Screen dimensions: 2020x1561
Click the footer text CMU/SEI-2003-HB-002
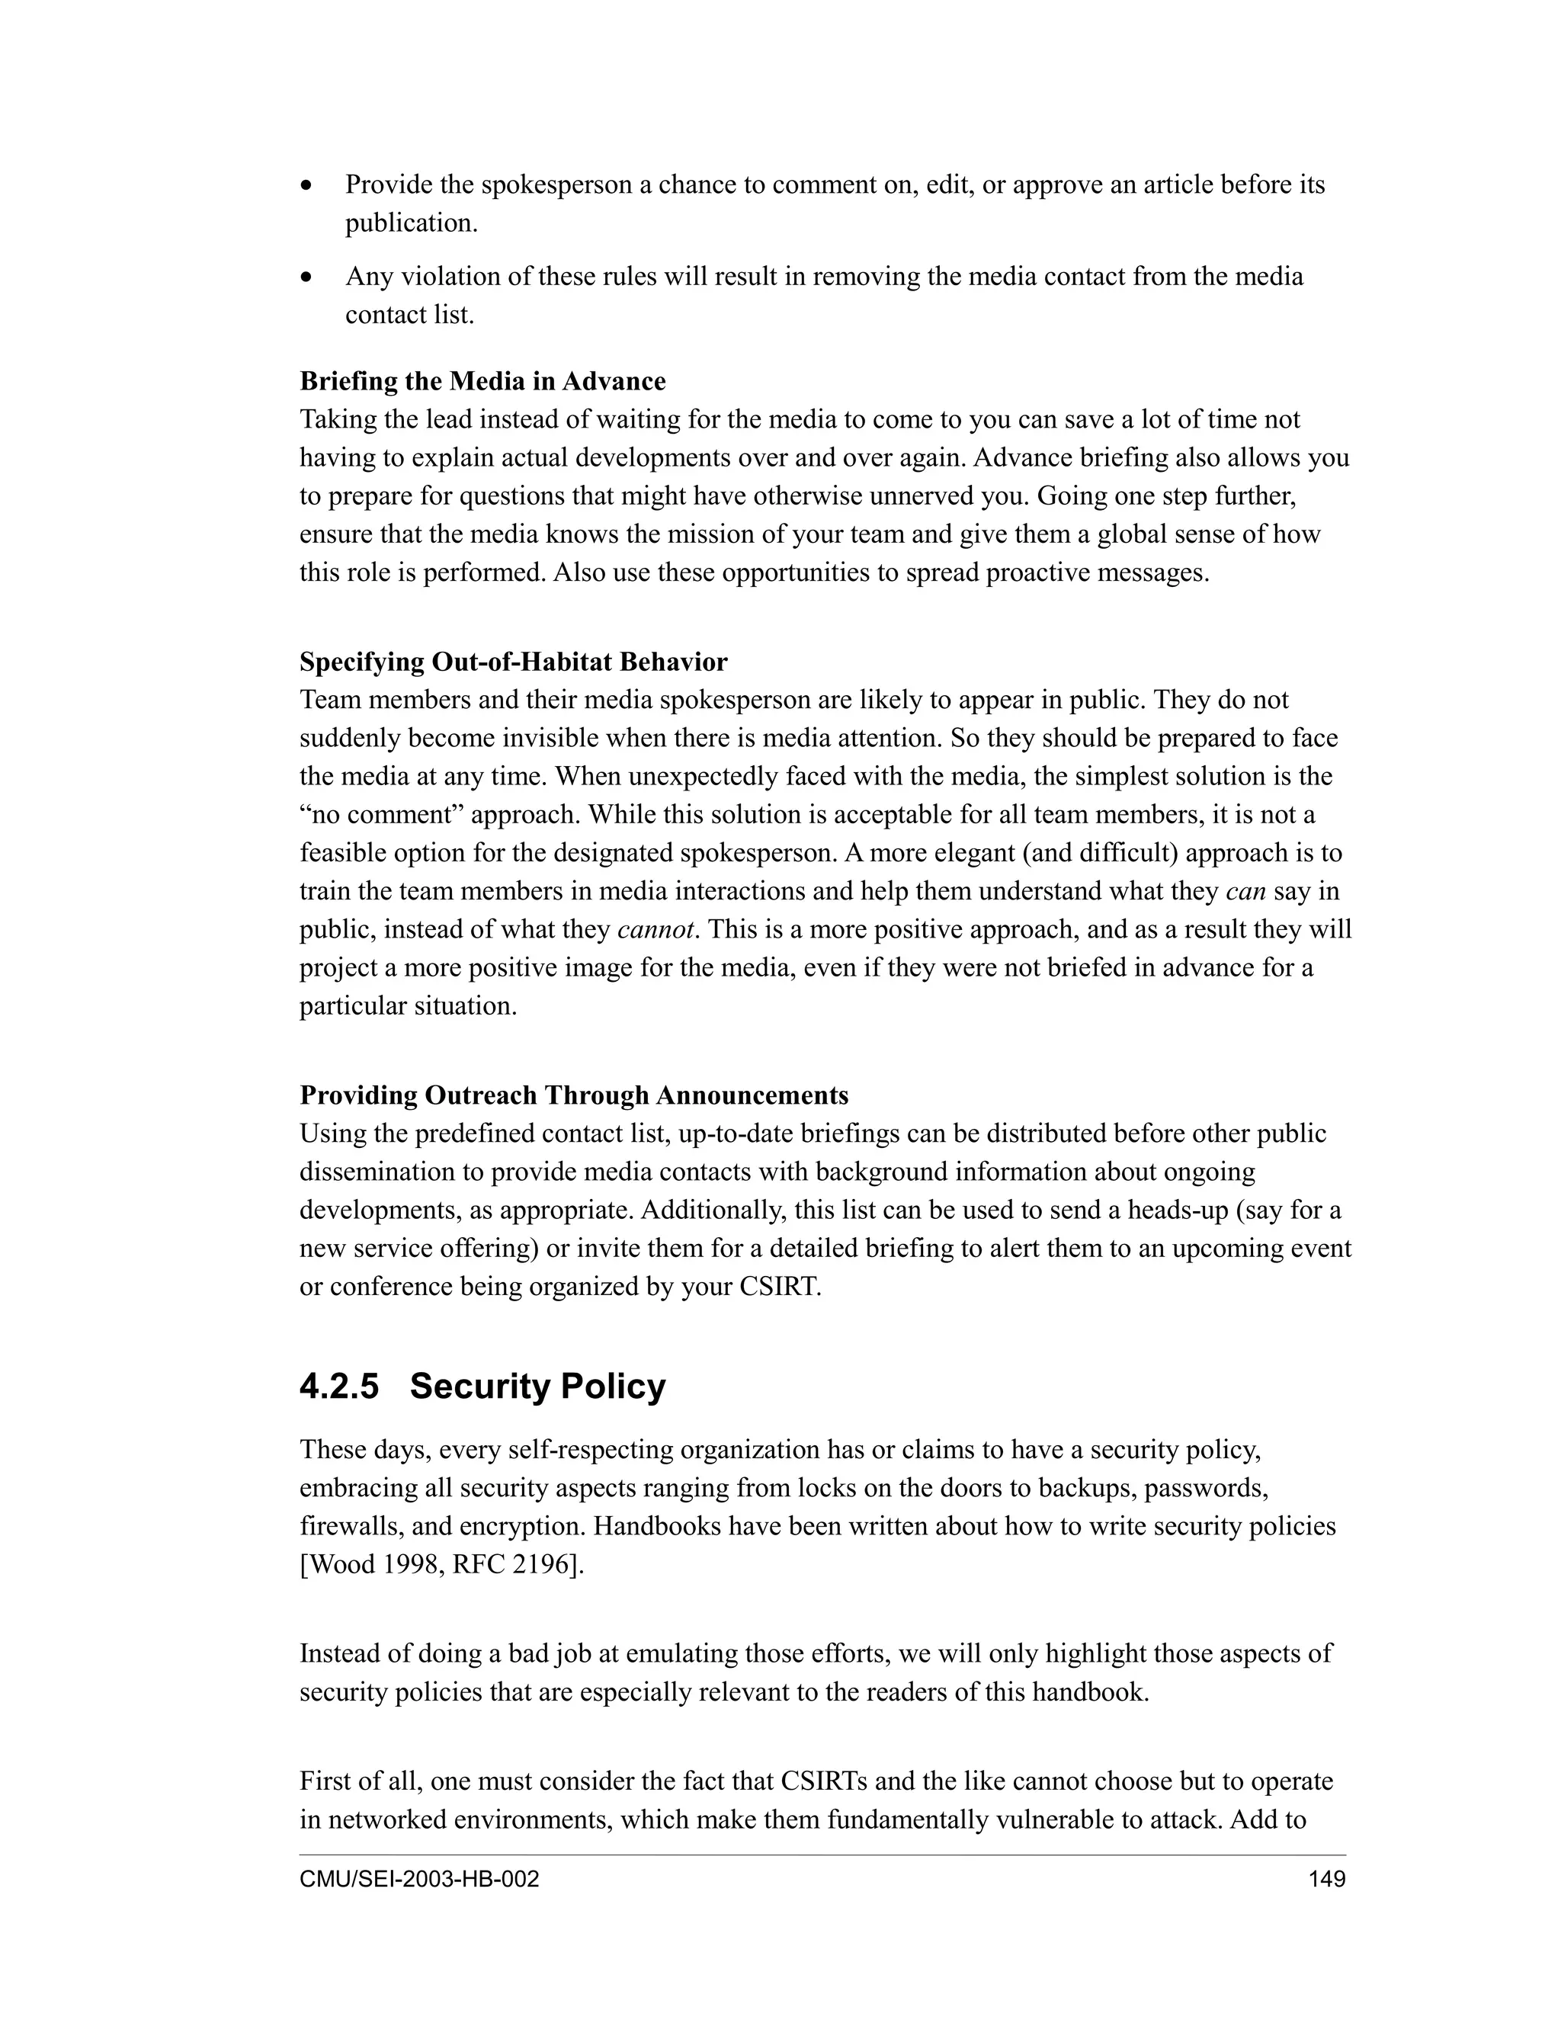click(x=419, y=1880)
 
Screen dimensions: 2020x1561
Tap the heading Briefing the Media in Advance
click(x=482, y=381)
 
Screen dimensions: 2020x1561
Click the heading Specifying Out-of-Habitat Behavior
click(x=513, y=662)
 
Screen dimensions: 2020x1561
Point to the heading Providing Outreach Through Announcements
click(x=573, y=1095)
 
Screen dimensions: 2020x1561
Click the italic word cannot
click(x=655, y=929)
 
